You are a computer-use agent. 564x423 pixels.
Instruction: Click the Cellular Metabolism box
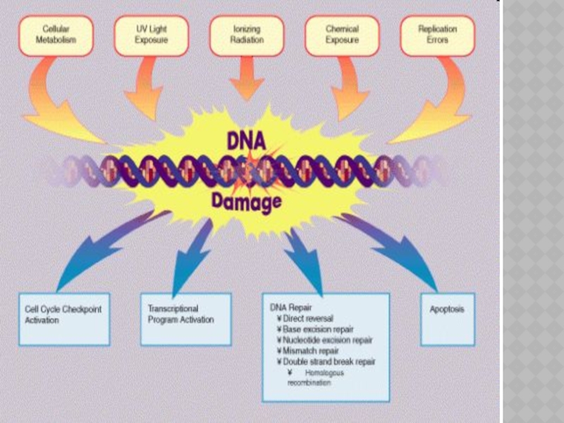click(56, 36)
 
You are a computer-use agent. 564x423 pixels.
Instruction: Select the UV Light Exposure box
click(151, 36)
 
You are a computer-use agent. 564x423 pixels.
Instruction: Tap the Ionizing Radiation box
click(247, 36)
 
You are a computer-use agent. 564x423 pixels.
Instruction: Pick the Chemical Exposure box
click(342, 36)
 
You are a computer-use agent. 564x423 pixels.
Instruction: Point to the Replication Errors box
click(437, 36)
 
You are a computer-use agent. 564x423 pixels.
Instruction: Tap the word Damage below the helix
click(246, 202)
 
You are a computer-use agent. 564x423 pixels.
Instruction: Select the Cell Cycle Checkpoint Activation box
click(64, 319)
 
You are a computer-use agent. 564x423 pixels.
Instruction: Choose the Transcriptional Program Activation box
click(185, 319)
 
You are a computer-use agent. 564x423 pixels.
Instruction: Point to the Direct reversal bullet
click(307, 319)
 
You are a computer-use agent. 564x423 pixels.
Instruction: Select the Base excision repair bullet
click(317, 329)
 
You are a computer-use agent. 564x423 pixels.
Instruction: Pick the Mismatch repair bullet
click(310, 350)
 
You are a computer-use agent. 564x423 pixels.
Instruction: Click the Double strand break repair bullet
click(329, 362)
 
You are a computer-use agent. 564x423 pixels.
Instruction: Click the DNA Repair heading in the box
click(289, 308)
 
